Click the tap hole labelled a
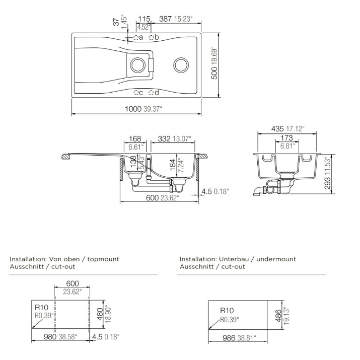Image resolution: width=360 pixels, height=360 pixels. (136, 37)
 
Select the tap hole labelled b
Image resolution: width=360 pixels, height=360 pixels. (152, 37)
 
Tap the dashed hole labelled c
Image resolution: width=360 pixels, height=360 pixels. (136, 93)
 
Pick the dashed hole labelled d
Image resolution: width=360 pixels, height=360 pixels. (151, 93)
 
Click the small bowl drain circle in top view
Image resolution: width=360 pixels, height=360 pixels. (138, 65)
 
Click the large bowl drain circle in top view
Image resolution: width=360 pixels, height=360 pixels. (181, 65)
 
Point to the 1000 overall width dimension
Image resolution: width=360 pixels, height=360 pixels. (133, 109)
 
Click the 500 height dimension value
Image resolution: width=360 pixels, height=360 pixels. (214, 73)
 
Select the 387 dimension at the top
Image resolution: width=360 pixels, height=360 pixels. (165, 19)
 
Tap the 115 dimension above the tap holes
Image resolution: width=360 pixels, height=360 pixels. (145, 19)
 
